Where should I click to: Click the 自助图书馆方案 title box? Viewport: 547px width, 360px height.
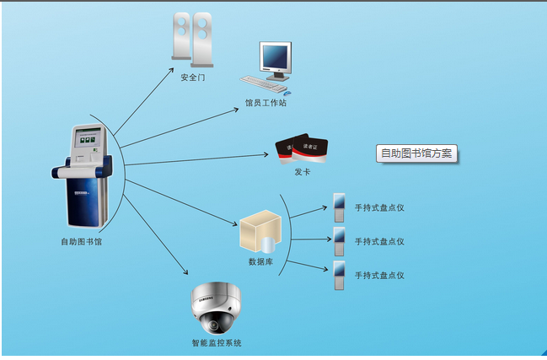coord(416,153)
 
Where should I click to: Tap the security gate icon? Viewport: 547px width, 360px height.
coord(192,40)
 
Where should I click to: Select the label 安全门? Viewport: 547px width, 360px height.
coord(192,78)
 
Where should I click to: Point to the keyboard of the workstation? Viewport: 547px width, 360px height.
coord(263,84)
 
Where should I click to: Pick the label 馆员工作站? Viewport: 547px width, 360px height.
coord(265,103)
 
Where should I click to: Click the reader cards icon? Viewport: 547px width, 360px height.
coord(302,148)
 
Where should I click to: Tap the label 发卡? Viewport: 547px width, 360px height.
coord(302,172)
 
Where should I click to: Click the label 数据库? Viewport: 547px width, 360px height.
coord(260,261)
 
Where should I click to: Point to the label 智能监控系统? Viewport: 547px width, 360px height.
coord(217,343)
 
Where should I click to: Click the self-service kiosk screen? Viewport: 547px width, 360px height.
coord(88,138)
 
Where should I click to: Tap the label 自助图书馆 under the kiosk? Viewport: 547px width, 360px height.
coord(81,242)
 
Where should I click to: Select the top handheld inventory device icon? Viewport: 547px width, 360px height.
coord(339,208)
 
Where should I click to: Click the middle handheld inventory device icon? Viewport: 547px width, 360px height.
coord(339,241)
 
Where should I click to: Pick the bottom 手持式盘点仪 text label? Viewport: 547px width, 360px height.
coord(379,275)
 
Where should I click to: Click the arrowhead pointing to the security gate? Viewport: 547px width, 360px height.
coord(172,70)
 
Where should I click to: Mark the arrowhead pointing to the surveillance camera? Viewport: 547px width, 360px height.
coord(186,272)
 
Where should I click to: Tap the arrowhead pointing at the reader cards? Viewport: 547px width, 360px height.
coord(265,154)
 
